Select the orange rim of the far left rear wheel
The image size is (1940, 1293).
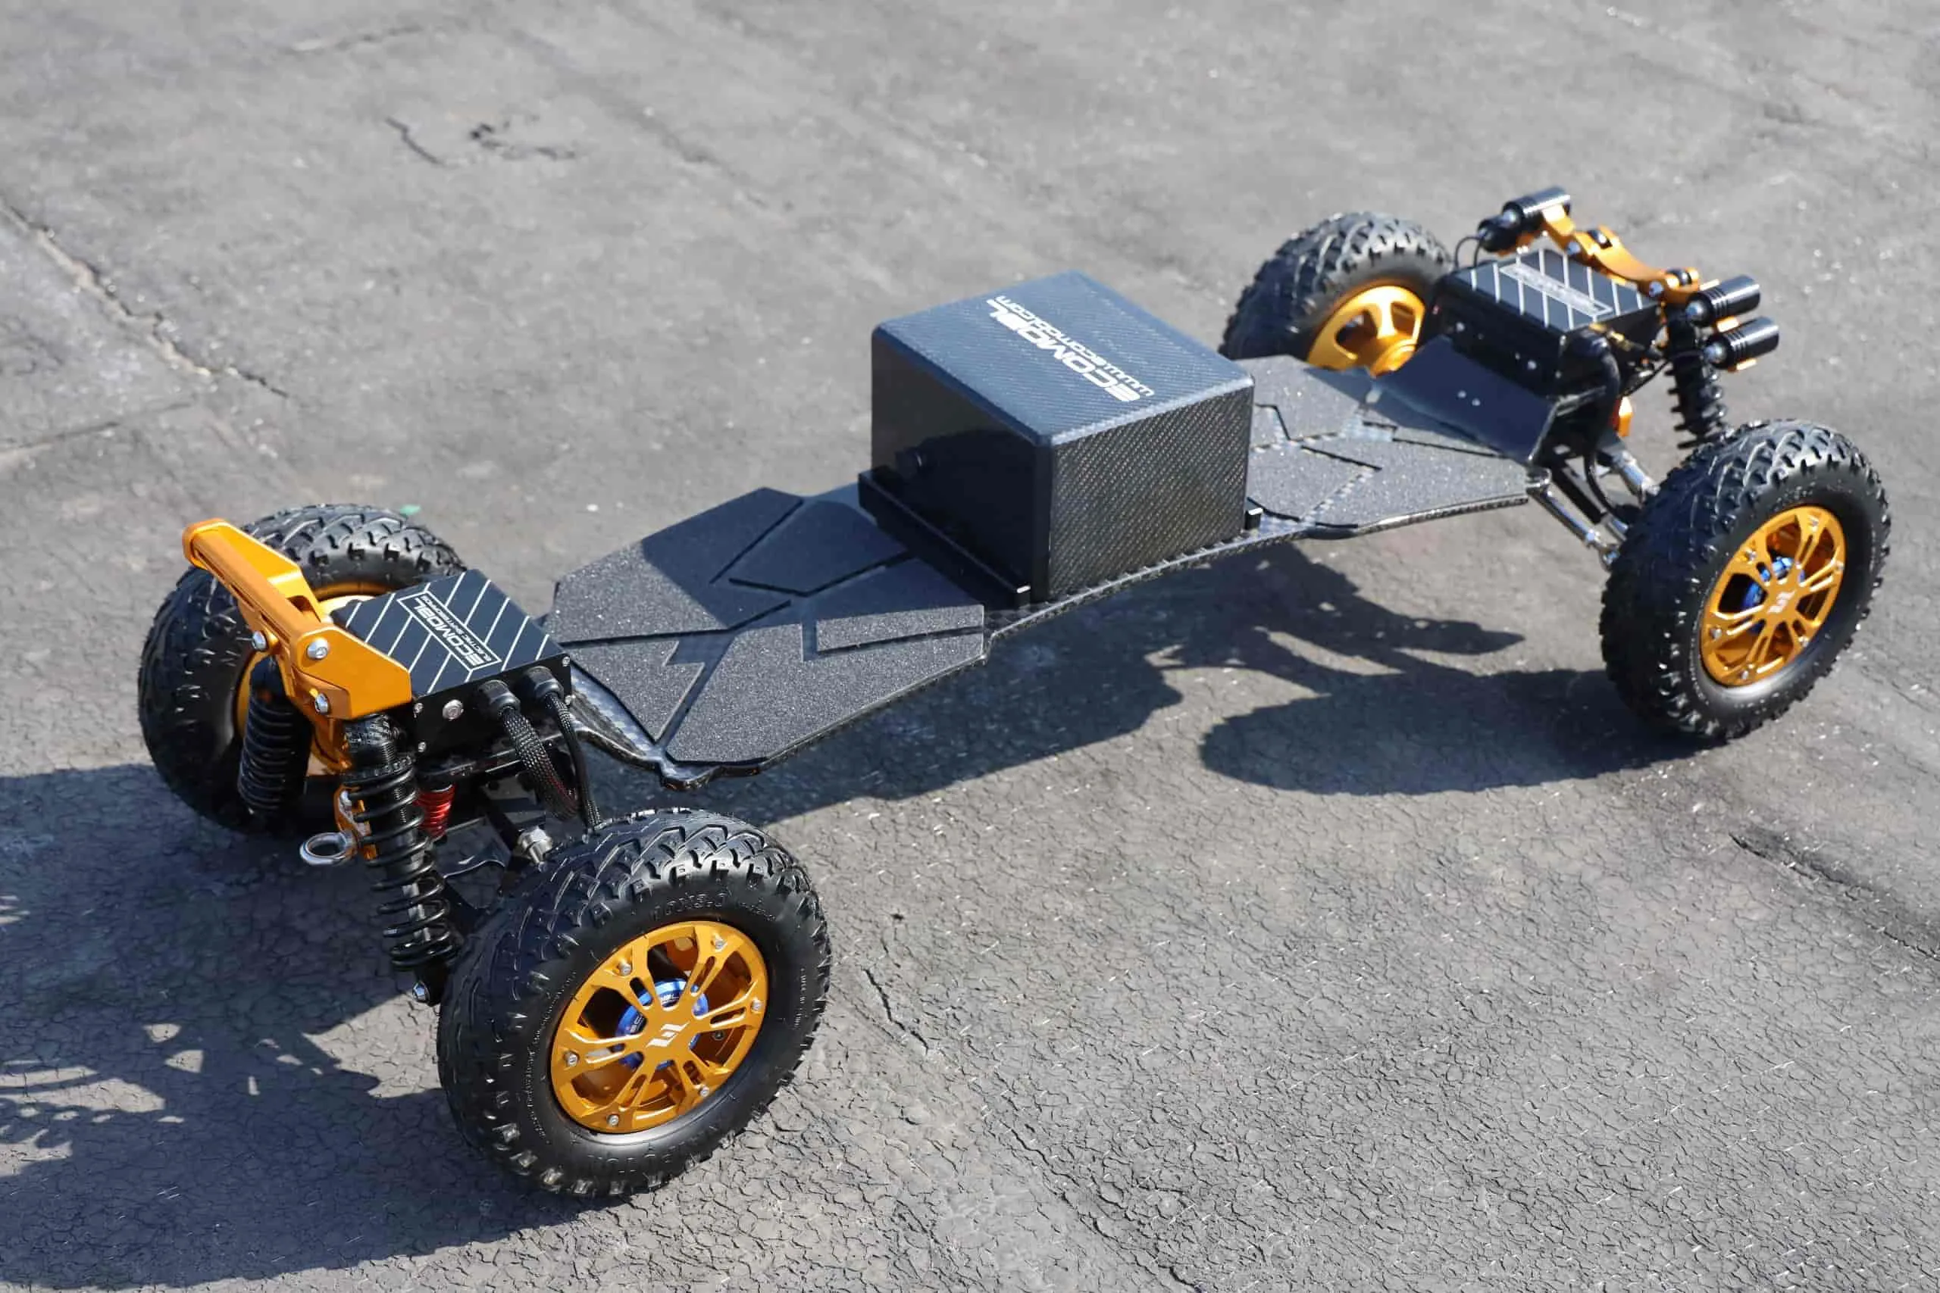[1365, 326]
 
